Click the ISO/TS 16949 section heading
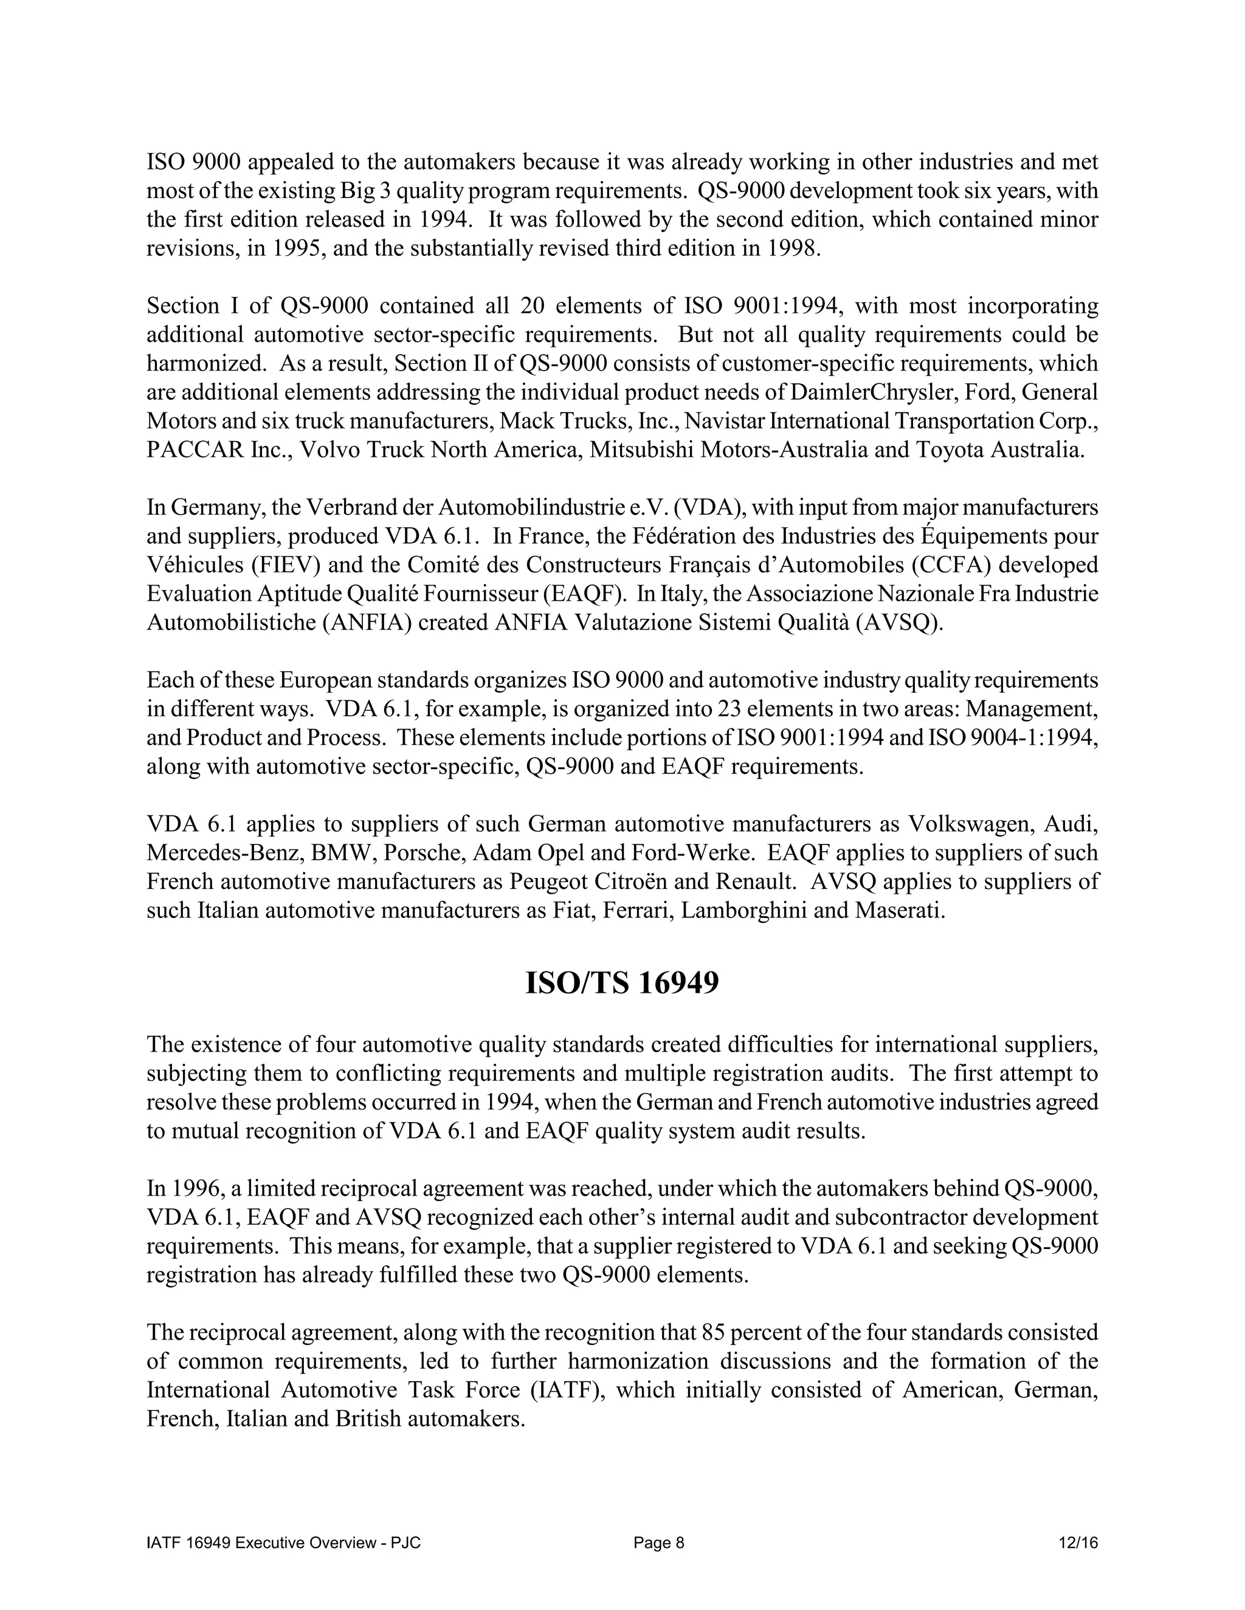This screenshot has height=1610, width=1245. point(622,984)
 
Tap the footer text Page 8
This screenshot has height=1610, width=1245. point(658,1543)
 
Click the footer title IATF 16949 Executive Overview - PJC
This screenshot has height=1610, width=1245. point(284,1543)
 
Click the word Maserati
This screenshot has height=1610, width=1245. point(898,911)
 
